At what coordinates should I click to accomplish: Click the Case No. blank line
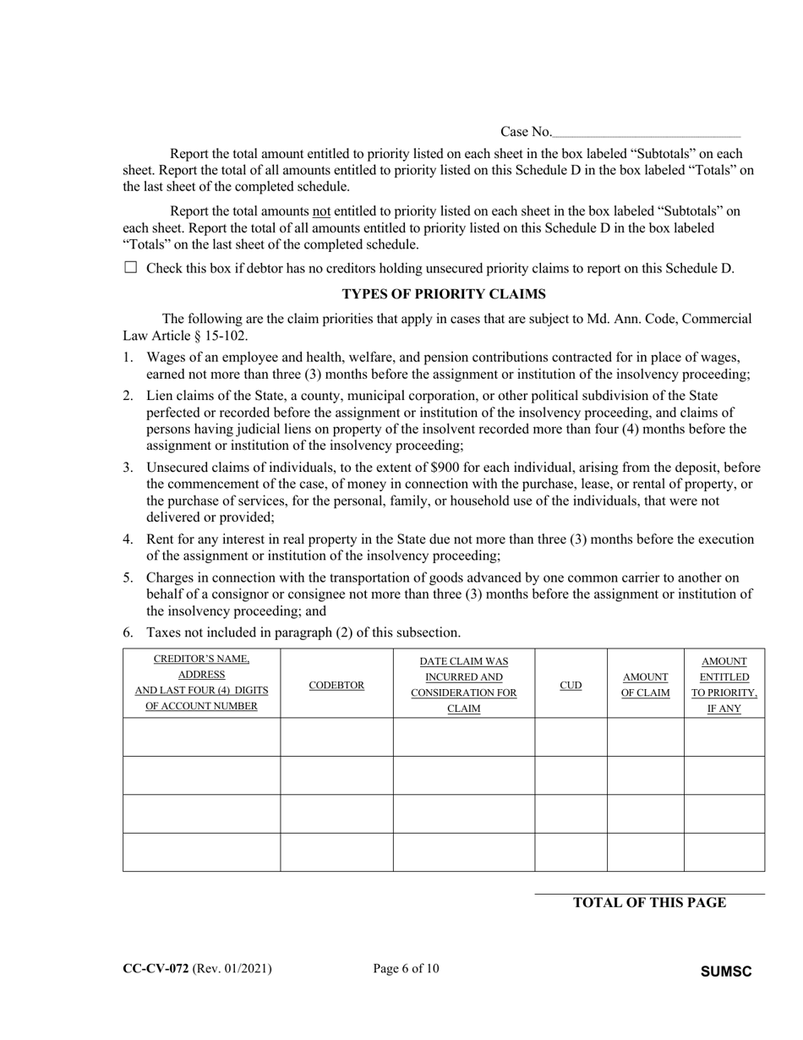(x=647, y=133)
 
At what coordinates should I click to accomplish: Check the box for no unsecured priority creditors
(x=130, y=268)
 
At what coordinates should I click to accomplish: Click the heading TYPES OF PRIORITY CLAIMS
(x=443, y=294)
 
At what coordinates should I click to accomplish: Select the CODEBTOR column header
(x=336, y=685)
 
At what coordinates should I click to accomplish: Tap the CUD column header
(x=571, y=685)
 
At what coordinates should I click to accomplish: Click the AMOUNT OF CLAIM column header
(x=645, y=685)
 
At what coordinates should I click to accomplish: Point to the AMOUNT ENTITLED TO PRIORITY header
(x=724, y=685)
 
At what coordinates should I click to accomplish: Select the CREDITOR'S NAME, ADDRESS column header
(x=201, y=682)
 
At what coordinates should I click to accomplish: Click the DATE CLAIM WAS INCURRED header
(x=463, y=685)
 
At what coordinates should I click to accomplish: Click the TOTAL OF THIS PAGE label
(x=649, y=903)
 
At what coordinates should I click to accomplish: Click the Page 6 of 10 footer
(x=406, y=969)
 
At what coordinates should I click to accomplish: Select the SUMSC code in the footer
(x=726, y=972)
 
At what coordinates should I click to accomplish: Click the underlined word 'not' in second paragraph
(x=321, y=211)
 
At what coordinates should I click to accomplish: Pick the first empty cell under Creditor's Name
(x=201, y=737)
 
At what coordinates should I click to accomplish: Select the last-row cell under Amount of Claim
(x=645, y=851)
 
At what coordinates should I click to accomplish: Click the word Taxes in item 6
(x=163, y=632)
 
